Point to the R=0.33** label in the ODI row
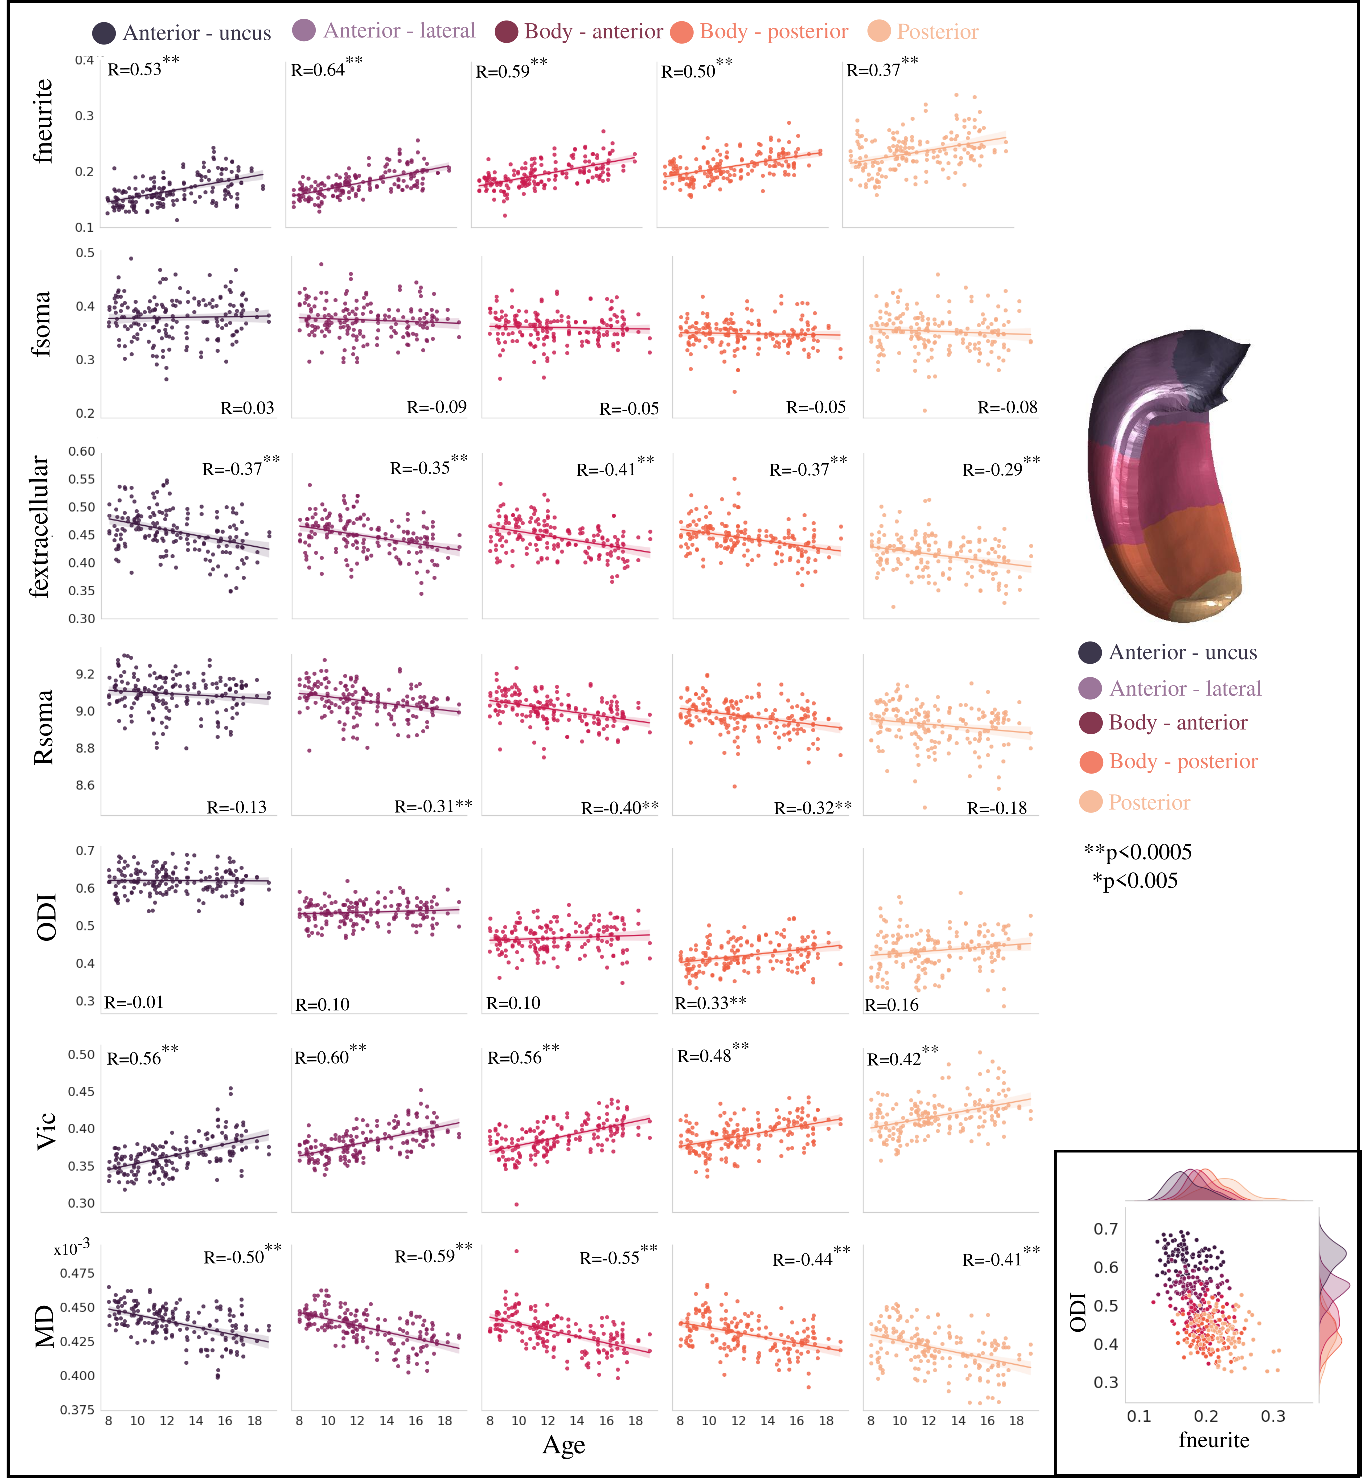(710, 1003)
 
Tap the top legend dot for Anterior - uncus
(104, 33)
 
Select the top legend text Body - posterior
(774, 32)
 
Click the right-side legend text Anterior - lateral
(1185, 689)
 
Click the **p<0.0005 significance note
(1138, 852)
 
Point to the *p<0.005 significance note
(1135, 881)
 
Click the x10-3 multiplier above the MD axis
(72, 1248)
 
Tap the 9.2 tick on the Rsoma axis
(85, 674)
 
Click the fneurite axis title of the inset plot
(1214, 1440)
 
